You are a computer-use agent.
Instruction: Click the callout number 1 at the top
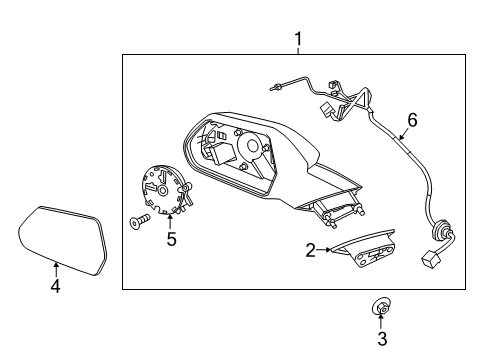(x=297, y=39)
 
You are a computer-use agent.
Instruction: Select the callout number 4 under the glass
(x=56, y=288)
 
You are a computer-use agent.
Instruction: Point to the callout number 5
(x=171, y=239)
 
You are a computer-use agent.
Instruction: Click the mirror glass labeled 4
(x=61, y=236)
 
